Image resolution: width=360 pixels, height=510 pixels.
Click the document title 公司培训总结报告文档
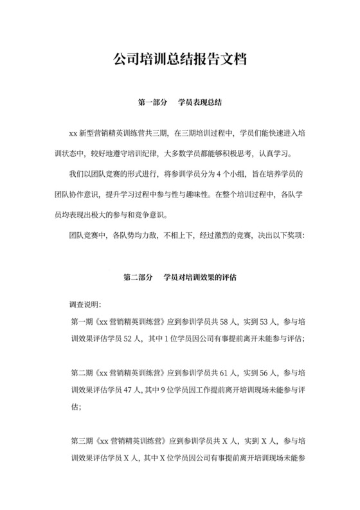click(180, 60)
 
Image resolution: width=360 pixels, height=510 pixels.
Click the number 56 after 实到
click(260, 372)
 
